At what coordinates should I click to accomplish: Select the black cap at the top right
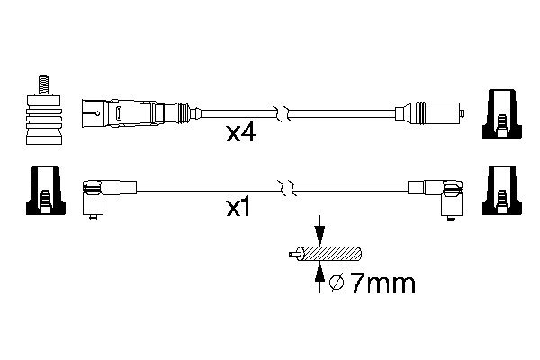point(500,115)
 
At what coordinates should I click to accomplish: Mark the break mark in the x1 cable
point(285,188)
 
